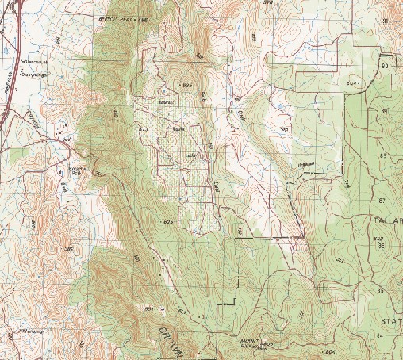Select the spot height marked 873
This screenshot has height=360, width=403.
[x=144, y=129]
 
